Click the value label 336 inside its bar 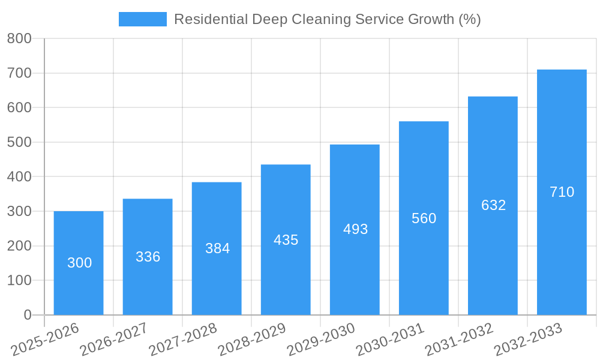point(148,257)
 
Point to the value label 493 point(355,229)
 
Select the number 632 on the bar point(493,205)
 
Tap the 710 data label point(562,192)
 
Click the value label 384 point(217,248)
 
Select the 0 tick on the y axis point(27,315)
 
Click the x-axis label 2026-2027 point(114,339)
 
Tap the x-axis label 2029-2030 point(321,339)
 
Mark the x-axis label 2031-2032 point(459,339)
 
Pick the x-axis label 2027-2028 point(183,339)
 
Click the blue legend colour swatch point(143,19)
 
